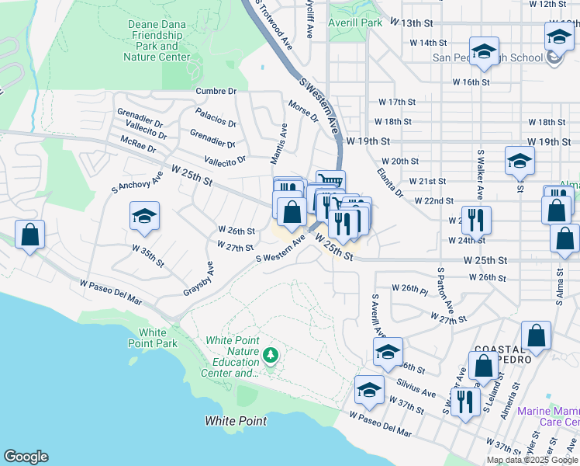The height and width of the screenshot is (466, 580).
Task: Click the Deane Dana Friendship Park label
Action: pyautogui.click(x=158, y=40)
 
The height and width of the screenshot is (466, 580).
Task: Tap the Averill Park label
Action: pyautogui.click(x=356, y=23)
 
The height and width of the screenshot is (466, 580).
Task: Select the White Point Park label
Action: pyautogui.click(x=154, y=337)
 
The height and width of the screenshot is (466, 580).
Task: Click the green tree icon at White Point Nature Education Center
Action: pyautogui.click(x=270, y=356)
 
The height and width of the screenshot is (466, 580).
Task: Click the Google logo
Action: pyautogui.click(x=26, y=457)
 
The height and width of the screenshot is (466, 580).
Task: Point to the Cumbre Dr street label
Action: pyautogui.click(x=216, y=91)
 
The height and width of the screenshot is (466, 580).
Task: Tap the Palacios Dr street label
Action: pyautogui.click(x=216, y=119)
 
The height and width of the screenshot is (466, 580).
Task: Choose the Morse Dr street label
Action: pyautogui.click(x=303, y=112)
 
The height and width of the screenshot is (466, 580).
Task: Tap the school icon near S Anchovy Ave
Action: pyautogui.click(x=144, y=216)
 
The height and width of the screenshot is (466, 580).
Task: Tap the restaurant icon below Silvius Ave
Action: pyautogui.click(x=464, y=402)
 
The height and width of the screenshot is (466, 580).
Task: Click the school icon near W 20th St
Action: pyautogui.click(x=520, y=161)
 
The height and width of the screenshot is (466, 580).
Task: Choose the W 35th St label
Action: pyautogui.click(x=148, y=256)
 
